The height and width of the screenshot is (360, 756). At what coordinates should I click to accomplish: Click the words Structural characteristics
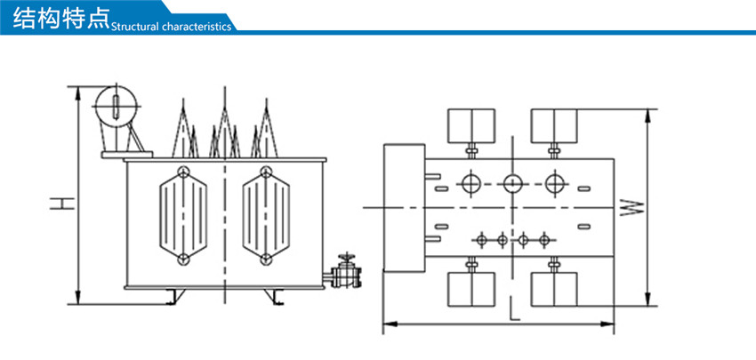(171, 27)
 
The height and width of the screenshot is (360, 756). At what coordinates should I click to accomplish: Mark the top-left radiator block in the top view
(470, 125)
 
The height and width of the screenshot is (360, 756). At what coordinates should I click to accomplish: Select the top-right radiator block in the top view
(554, 125)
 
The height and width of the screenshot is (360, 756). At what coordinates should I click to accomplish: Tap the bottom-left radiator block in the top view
(470, 289)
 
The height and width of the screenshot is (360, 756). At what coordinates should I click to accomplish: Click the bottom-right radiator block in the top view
(554, 289)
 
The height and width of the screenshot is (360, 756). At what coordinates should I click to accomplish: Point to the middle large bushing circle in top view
(512, 184)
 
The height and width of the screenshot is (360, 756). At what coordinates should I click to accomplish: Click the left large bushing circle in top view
(470, 184)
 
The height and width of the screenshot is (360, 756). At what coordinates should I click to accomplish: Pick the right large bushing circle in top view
(555, 184)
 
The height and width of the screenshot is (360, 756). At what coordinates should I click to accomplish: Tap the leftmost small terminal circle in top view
(481, 239)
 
